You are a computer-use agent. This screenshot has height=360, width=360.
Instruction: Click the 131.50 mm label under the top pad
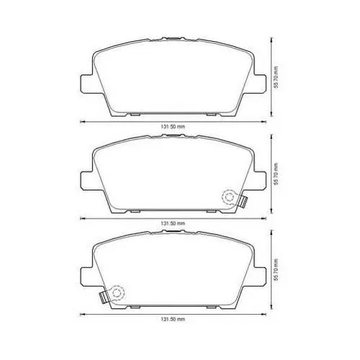click(173, 127)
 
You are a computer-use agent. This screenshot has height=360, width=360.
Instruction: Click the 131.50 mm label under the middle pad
click(173, 223)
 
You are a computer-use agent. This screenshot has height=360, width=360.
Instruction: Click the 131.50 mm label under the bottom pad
click(173, 319)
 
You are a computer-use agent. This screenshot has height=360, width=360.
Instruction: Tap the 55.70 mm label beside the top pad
click(276, 77)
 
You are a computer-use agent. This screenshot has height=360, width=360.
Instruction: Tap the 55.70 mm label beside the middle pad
click(276, 174)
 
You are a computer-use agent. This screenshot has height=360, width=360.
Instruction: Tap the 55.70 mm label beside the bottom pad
click(276, 269)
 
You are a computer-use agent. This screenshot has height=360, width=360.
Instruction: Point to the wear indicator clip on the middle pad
click(243, 202)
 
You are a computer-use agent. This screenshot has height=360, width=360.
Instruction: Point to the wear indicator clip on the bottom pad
click(104, 297)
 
